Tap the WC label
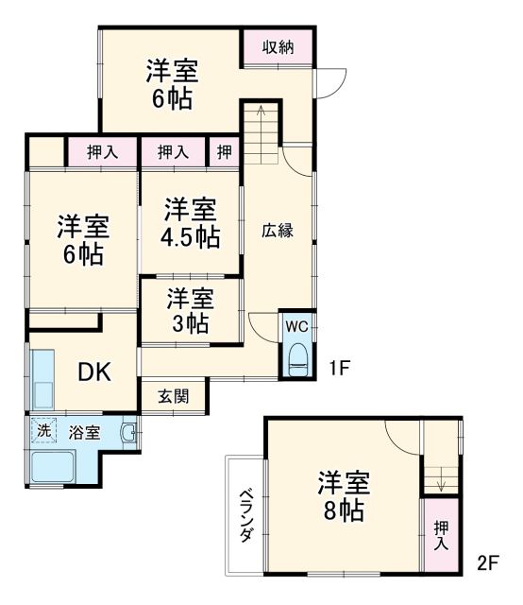click(297, 327)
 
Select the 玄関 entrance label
click(175, 396)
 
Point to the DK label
click(94, 372)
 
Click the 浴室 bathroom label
click(84, 432)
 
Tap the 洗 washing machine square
click(43, 430)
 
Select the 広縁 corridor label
click(278, 230)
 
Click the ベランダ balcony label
click(245, 514)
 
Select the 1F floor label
click(341, 370)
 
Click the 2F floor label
click(487, 564)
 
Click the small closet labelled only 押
click(225, 150)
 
